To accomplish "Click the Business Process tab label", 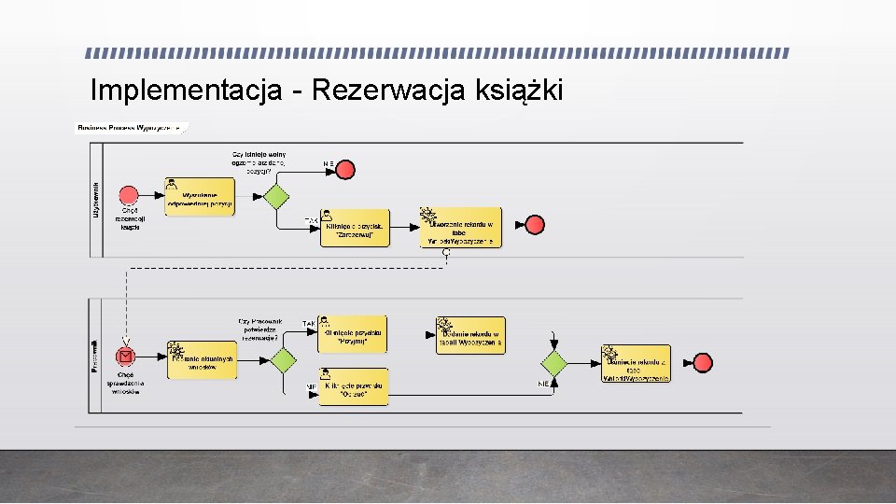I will pyautogui.click(x=132, y=127).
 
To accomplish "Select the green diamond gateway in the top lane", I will pyautogui.click(x=274, y=197).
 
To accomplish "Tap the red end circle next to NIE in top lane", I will pyautogui.click(x=345, y=169).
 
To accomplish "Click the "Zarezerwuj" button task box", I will pyautogui.click(x=355, y=228).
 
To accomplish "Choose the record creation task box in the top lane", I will pyautogui.click(x=461, y=228).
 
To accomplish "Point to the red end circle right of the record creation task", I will pyautogui.click(x=535, y=225).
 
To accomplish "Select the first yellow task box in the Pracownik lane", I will pyautogui.click(x=202, y=360).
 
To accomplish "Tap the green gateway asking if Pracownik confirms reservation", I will pyautogui.click(x=284, y=360).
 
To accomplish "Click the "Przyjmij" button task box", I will pyautogui.click(x=353, y=334).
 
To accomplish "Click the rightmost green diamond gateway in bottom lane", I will pyautogui.click(x=554, y=363).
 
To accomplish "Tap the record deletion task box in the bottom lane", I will pyautogui.click(x=637, y=363).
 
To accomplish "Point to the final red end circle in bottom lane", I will pyautogui.click(x=703, y=363).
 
